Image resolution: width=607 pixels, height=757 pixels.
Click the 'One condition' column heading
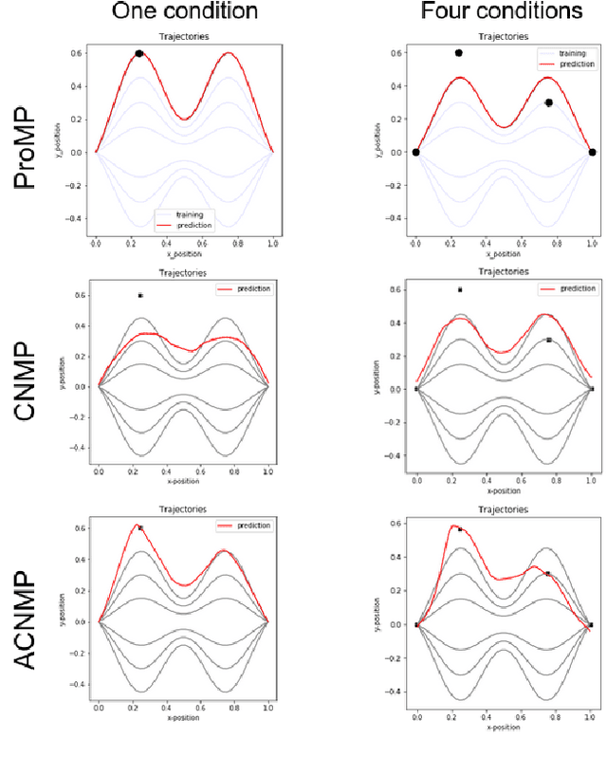(x=184, y=11)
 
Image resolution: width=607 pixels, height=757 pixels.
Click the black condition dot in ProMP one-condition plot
(x=139, y=54)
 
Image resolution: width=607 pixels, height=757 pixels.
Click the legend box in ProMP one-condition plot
(x=183, y=219)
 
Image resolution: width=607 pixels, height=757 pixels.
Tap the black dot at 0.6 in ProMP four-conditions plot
(x=459, y=53)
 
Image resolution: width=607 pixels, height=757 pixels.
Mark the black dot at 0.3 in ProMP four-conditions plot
(x=548, y=102)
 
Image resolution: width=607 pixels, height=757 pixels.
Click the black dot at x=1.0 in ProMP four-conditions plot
(x=592, y=152)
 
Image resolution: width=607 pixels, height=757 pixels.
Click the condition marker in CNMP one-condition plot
(x=140, y=296)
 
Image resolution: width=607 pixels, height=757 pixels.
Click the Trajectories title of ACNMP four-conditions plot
(x=504, y=508)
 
